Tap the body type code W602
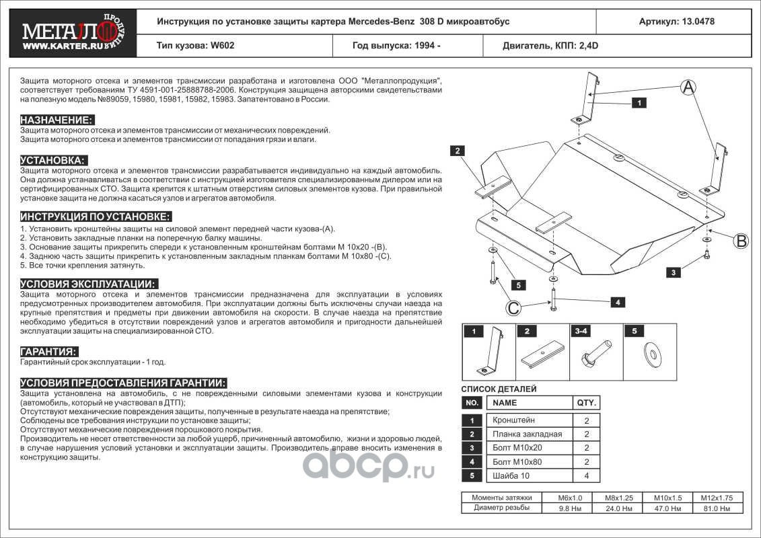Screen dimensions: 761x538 click(222, 46)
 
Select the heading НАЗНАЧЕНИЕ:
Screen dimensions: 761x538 click(57, 120)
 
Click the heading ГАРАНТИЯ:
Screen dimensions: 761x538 click(48, 352)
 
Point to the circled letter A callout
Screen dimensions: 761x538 click(688, 87)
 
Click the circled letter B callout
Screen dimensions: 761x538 click(741, 241)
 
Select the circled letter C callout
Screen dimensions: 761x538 click(513, 307)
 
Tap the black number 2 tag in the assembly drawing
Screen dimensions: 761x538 click(457, 151)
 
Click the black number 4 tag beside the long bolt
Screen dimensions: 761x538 click(617, 302)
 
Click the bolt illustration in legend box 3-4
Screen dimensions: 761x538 click(595, 354)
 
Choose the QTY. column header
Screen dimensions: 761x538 click(586, 403)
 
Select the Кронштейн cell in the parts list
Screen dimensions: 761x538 click(513, 420)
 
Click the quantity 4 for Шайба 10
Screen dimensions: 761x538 click(586, 476)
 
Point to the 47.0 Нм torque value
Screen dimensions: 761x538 click(668, 508)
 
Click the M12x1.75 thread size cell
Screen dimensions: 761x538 click(717, 498)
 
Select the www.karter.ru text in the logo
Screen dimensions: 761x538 click(63, 46)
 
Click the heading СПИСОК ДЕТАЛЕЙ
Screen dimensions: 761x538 click(499, 389)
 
